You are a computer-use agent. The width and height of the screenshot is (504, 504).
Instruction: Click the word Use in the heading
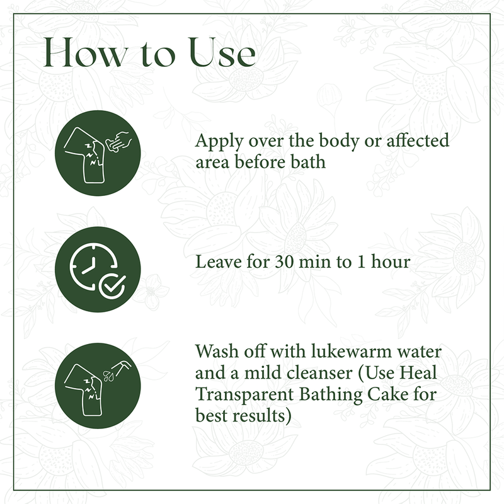click(222, 52)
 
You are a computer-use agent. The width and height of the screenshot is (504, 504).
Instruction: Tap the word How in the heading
click(86, 52)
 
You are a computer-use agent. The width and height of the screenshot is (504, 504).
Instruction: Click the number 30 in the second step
click(284, 262)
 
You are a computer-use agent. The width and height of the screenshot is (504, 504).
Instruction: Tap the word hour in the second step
click(391, 261)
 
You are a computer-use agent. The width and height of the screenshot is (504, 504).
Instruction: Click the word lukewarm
click(352, 351)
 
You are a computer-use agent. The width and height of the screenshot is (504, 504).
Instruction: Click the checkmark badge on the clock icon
click(112, 287)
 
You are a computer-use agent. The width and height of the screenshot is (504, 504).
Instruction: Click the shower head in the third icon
click(122, 367)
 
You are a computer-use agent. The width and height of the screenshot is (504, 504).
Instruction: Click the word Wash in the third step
click(217, 351)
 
